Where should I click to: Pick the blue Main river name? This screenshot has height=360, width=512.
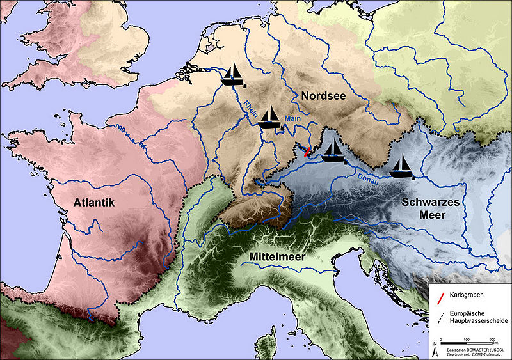click(292, 118)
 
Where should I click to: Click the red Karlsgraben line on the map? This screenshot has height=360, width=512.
click(308, 152)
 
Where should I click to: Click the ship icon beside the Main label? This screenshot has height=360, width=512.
click(270, 117)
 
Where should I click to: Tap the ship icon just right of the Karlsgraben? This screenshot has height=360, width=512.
click(332, 150)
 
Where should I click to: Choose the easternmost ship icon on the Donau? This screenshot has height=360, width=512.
click(401, 166)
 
